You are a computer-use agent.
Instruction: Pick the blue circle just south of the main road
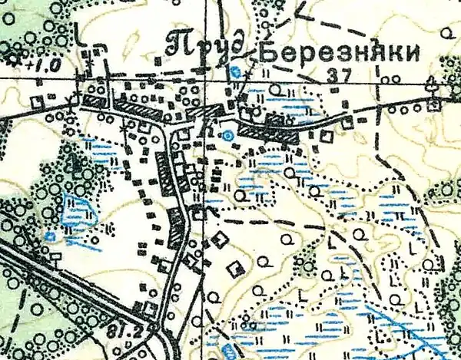click(227, 136)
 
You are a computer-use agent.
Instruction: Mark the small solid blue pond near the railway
click(50, 236)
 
